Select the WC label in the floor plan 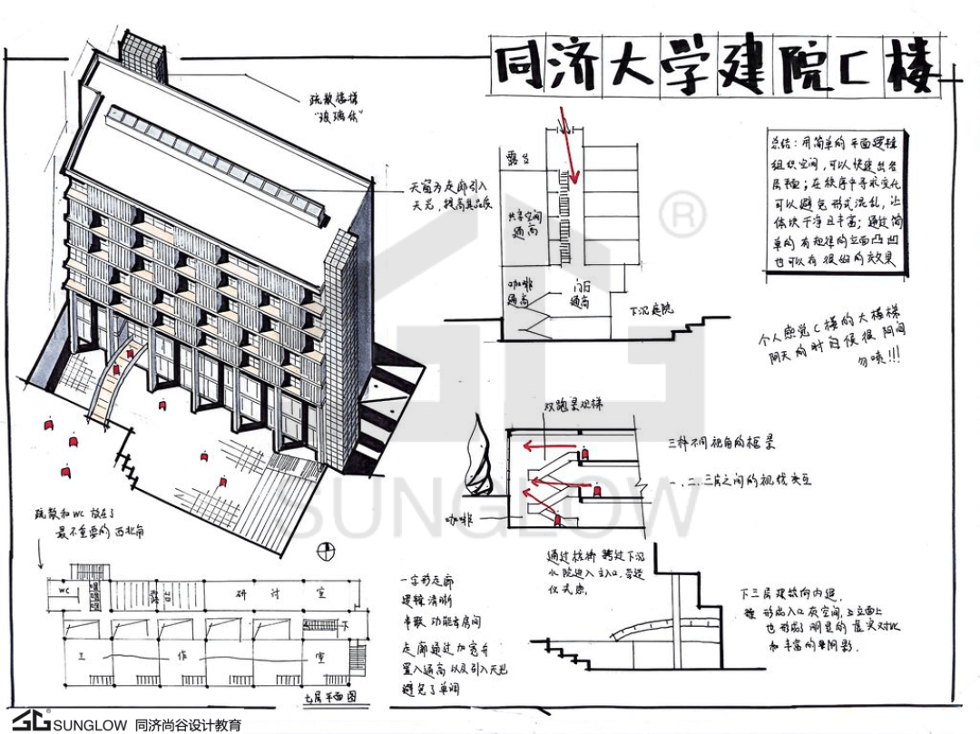tap(64, 591)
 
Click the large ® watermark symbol tap(681, 217)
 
